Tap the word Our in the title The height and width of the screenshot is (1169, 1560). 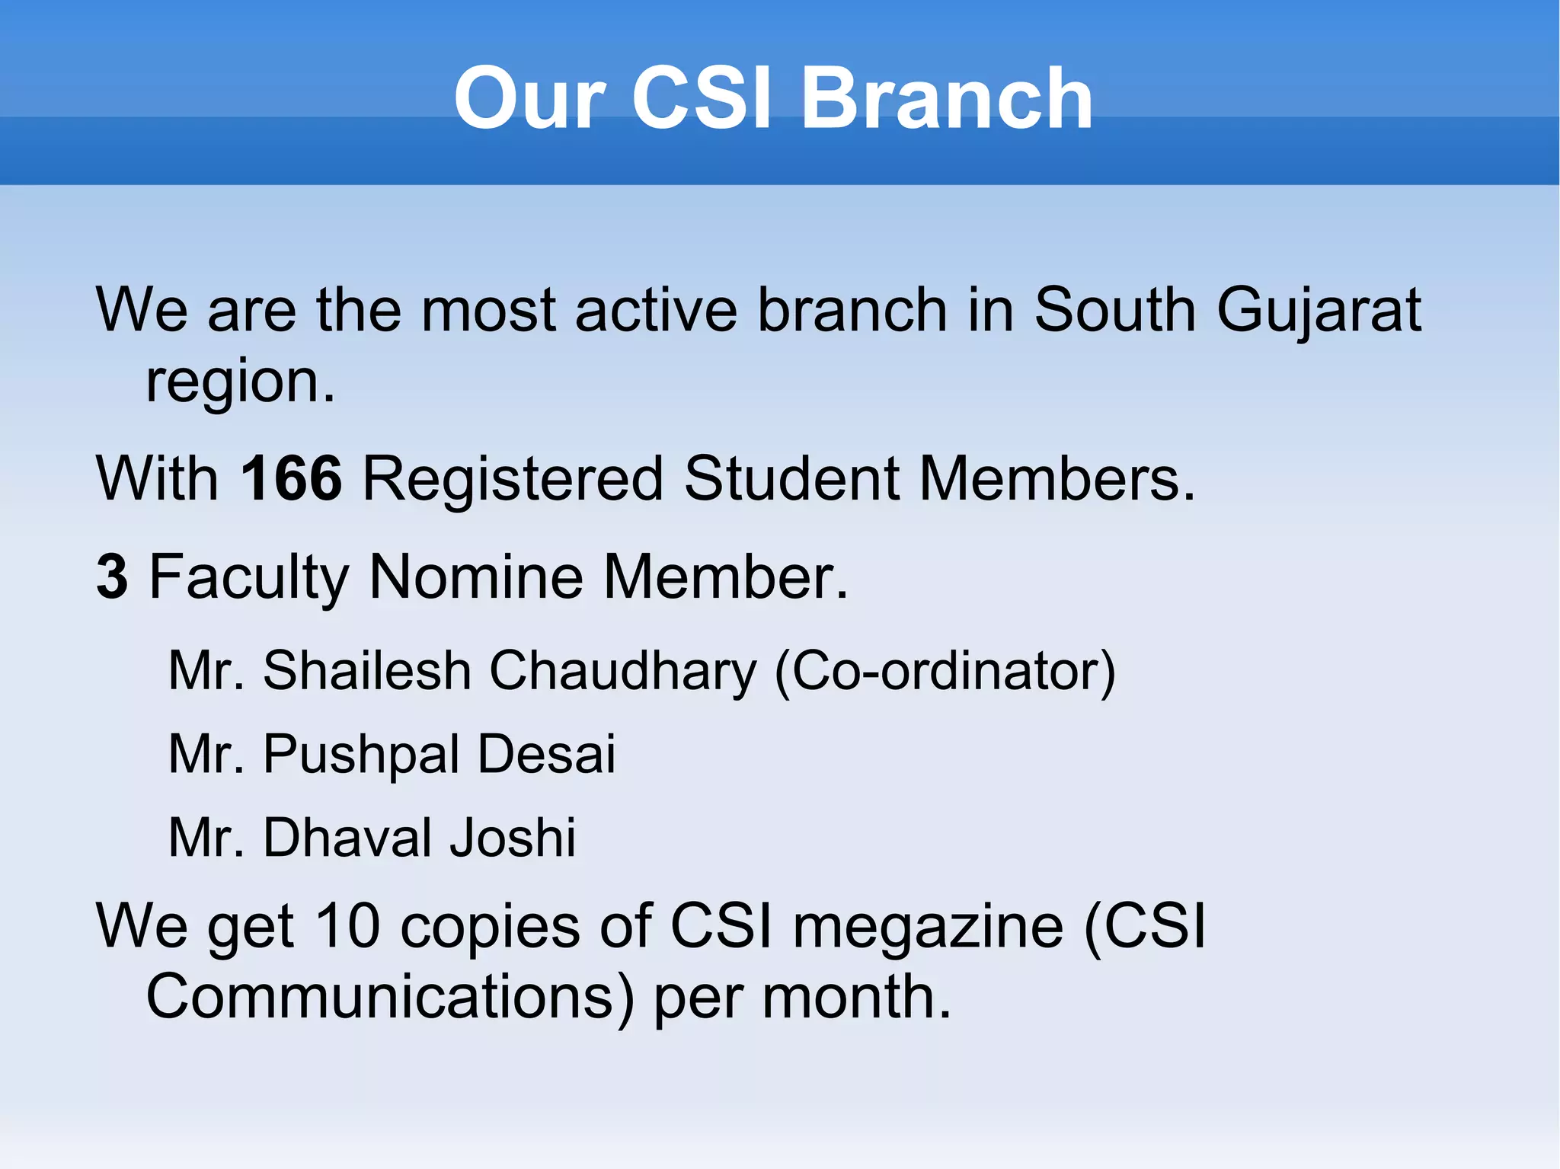[x=529, y=98]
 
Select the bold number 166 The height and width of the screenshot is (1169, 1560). [x=291, y=478]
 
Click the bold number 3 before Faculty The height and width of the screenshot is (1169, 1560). [x=113, y=577]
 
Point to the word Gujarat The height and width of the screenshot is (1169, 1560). [x=1319, y=311]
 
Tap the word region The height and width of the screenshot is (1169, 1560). [x=240, y=382]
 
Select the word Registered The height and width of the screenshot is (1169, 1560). [x=513, y=478]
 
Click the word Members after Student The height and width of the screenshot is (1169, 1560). [x=1057, y=478]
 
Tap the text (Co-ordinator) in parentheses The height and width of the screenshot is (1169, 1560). [x=945, y=671]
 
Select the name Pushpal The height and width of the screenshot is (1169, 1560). [x=361, y=754]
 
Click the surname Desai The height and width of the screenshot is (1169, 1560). [x=546, y=754]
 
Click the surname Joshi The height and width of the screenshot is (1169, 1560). [x=512, y=838]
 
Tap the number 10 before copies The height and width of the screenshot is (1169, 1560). [x=347, y=926]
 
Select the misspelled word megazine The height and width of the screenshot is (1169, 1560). [x=928, y=928]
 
